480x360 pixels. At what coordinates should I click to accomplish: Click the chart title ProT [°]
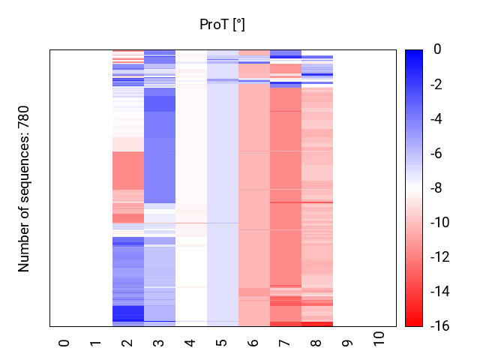[x=222, y=25]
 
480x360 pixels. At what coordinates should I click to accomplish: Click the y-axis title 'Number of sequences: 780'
[x=24, y=188]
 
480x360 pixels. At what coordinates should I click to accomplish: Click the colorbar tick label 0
[x=437, y=50]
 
